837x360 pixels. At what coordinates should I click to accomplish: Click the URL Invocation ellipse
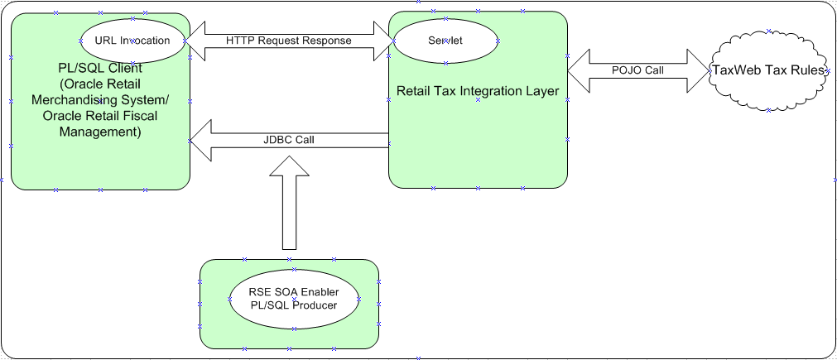point(132,41)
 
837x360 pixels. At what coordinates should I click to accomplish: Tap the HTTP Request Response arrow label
point(288,41)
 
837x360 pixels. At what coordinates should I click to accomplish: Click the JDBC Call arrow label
point(288,140)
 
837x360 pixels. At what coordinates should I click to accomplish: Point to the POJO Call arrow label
point(637,70)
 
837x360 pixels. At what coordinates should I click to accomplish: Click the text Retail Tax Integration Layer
point(479,91)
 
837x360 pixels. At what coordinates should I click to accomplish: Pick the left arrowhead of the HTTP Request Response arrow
point(192,41)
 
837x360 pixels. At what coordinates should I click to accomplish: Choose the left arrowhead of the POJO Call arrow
point(578,70)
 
